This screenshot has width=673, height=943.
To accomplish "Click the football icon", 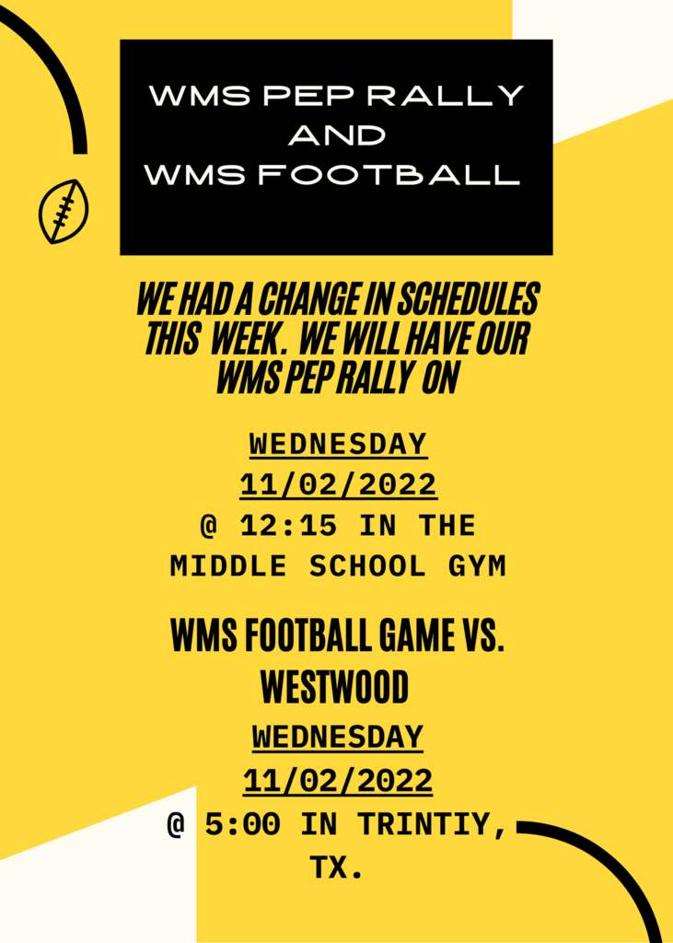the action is tap(64, 211).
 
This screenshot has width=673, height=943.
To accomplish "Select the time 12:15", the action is tap(289, 526).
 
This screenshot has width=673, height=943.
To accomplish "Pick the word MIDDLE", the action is tap(228, 566).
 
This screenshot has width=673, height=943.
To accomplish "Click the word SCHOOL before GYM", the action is tap(366, 566).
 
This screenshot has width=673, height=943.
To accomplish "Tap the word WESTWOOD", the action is tap(335, 687).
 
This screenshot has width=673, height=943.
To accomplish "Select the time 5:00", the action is tap(242, 824).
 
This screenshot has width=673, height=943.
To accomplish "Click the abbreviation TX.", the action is tap(336, 867).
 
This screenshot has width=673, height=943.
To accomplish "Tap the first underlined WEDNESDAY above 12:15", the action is tap(338, 445).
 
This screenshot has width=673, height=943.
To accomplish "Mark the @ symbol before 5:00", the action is tap(177, 825).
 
